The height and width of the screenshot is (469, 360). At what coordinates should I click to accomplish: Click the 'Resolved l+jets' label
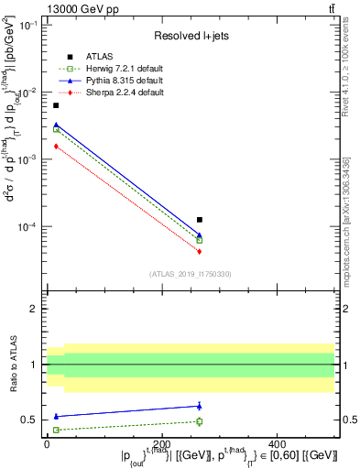(x=191, y=37)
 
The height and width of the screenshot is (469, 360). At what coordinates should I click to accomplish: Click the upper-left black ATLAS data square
(x=56, y=105)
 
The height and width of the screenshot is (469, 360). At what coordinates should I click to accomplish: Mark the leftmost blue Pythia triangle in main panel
(x=56, y=125)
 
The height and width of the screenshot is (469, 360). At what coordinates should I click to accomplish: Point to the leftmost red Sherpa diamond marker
(x=56, y=146)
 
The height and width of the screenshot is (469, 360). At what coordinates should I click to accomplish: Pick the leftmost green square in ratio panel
(x=56, y=430)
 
